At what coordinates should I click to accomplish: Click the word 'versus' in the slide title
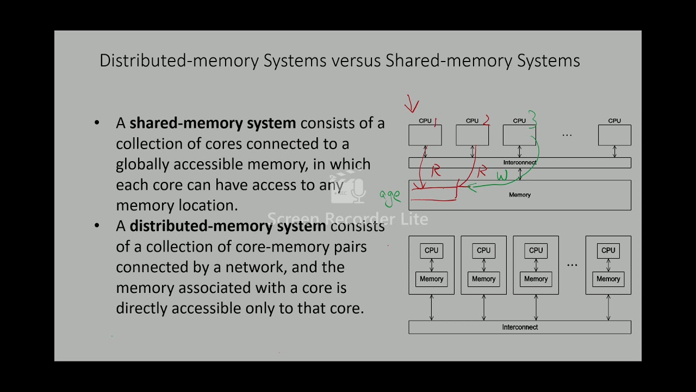356,60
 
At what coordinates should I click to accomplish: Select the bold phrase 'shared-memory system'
213,123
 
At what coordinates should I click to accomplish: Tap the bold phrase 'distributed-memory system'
228,226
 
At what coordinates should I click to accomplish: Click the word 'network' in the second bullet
254,267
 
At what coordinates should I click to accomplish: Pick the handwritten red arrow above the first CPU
412,103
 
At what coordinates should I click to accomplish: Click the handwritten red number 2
486,120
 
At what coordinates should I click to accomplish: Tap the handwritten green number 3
533,118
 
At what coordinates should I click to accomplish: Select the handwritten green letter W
501,176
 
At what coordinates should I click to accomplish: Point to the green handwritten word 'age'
389,198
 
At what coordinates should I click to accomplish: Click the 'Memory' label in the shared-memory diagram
520,195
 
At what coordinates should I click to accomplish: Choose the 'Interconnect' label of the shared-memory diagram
519,163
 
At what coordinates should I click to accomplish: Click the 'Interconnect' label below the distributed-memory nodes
520,327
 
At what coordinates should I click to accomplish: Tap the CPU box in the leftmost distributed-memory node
431,250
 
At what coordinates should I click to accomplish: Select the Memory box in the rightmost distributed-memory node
608,279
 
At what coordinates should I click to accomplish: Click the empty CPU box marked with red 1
425,136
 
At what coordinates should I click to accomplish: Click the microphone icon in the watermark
358,191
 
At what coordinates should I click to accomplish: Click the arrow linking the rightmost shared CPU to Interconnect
614,152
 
